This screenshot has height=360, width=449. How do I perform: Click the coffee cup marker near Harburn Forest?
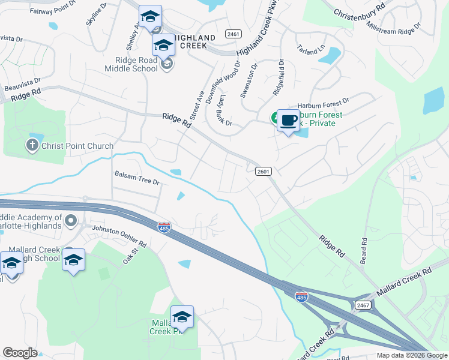[x=288, y=120]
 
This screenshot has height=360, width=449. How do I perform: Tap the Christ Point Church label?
[x=77, y=146]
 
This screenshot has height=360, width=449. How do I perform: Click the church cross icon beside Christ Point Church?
[x=32, y=145]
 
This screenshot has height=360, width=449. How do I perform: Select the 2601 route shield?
[x=263, y=171]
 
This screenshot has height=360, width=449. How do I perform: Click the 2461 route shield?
[x=234, y=34]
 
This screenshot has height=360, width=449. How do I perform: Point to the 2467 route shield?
[x=362, y=305]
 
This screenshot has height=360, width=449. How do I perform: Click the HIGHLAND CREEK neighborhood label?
[x=194, y=41]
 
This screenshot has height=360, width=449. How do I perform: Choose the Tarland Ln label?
[x=310, y=50]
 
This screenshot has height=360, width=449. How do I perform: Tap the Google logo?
[x=20, y=352]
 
